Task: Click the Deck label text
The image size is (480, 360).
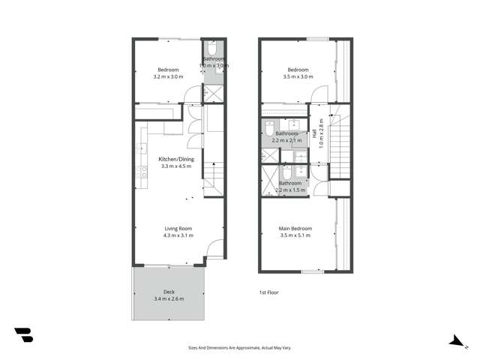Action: tap(168, 292)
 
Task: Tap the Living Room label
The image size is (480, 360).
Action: tap(178, 229)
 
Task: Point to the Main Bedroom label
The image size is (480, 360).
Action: tap(295, 229)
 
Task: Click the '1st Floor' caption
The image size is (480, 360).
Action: tap(268, 292)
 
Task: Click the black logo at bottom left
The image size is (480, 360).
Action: tap(23, 335)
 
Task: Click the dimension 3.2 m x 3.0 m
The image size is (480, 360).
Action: tap(168, 76)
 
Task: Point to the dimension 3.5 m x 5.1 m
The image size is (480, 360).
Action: tap(295, 235)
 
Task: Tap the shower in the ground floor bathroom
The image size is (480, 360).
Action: tap(212, 94)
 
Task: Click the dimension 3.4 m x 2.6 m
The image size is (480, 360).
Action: tap(168, 299)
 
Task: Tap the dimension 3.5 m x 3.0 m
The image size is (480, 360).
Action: tap(298, 76)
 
